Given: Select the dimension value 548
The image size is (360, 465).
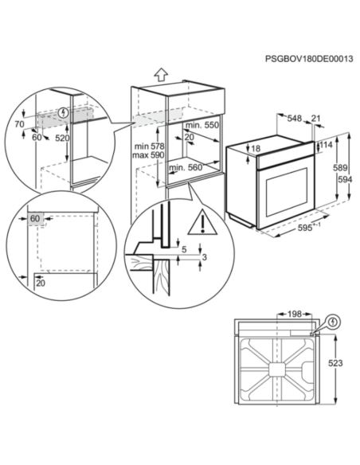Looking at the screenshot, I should [294, 118].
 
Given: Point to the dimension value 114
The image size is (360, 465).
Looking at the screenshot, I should [326, 145].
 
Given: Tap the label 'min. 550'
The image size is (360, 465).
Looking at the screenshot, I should [202, 127].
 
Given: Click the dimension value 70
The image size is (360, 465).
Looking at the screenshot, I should [19, 124].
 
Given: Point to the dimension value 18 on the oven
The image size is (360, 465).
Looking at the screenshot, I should [255, 149].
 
